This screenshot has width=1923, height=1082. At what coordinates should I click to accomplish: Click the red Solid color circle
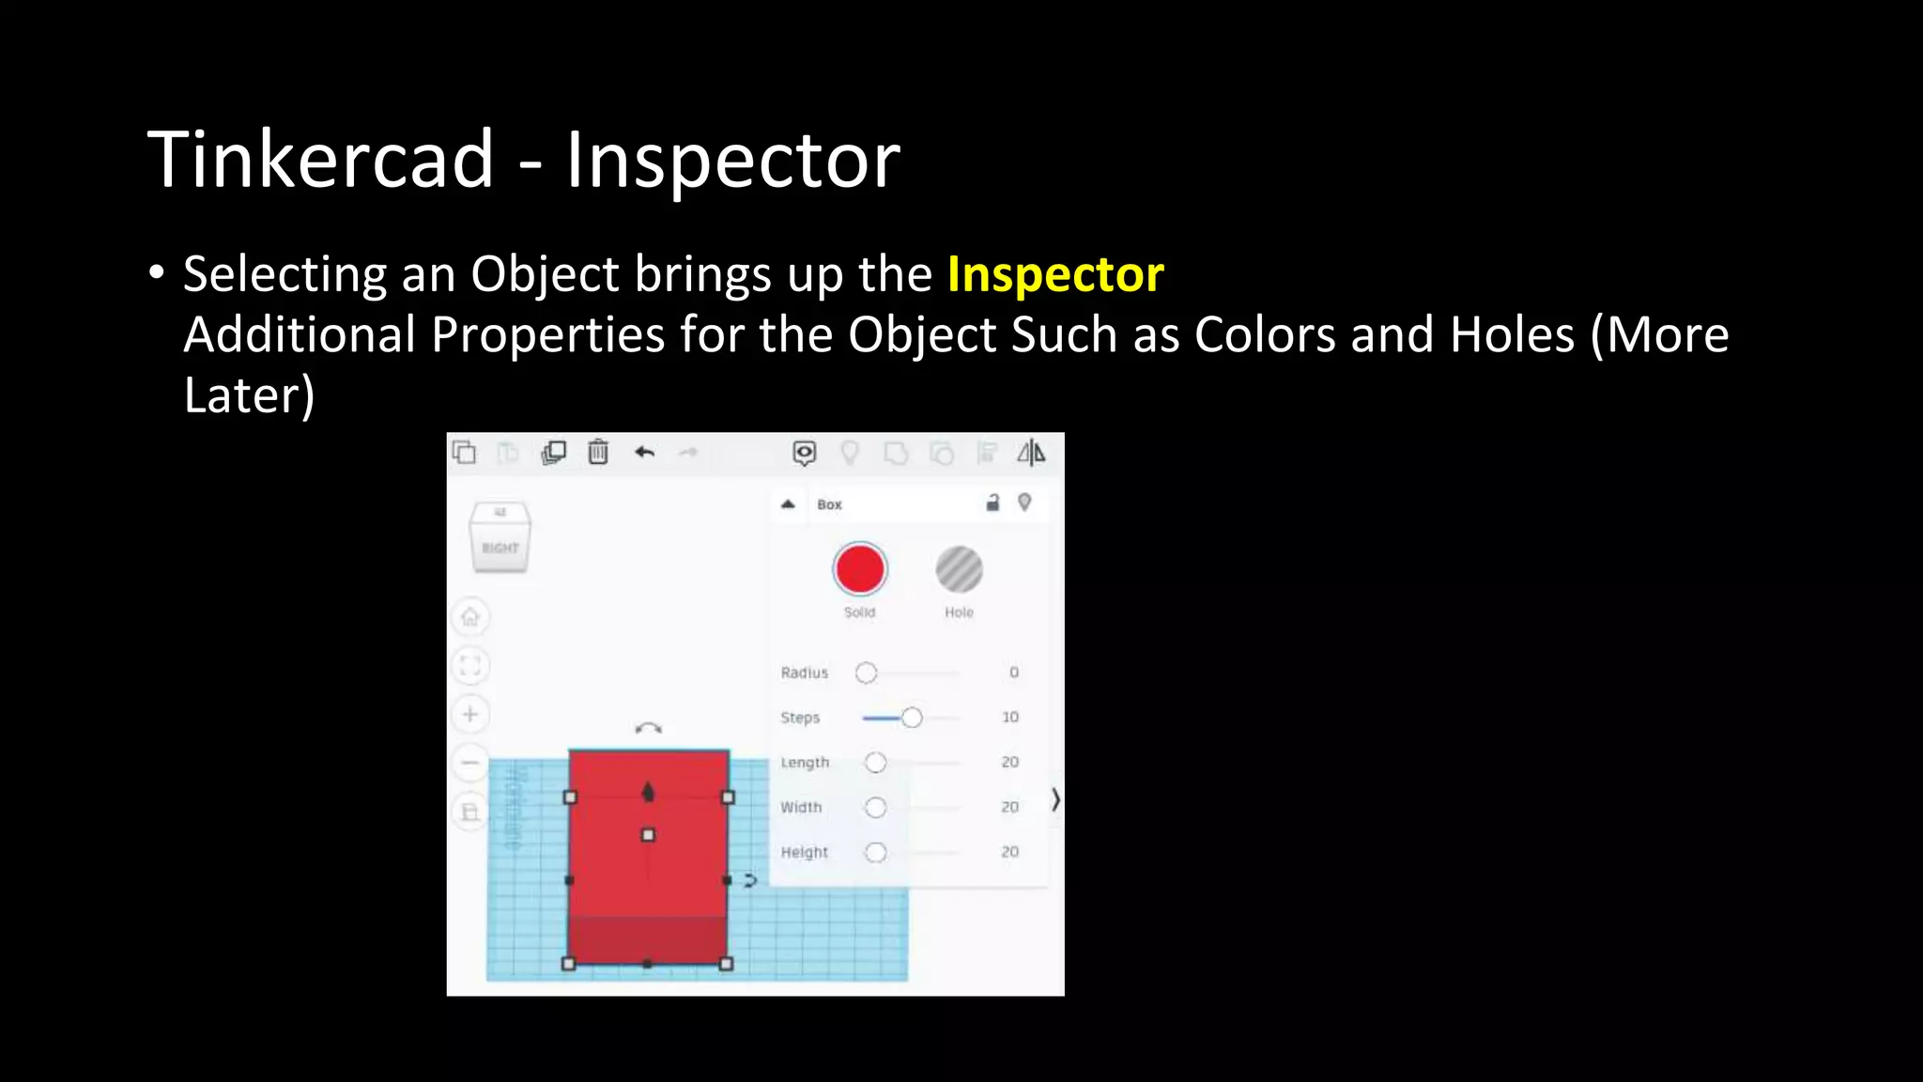point(859,569)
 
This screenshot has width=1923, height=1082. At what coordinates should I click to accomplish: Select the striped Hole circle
point(959,569)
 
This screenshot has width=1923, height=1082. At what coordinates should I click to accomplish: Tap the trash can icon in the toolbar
point(598,453)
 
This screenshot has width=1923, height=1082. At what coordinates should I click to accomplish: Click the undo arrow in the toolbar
point(644,453)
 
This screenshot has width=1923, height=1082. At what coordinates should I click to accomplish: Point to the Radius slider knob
point(866,672)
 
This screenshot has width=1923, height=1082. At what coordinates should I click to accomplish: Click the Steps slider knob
point(912,718)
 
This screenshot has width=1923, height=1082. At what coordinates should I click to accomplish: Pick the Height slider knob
point(875,852)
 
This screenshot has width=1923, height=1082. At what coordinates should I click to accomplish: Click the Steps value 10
point(1009,718)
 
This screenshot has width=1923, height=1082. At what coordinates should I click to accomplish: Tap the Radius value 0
point(1013,672)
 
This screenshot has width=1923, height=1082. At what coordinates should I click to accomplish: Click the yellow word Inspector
point(1055,274)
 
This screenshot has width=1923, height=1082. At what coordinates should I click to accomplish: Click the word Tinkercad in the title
point(320,160)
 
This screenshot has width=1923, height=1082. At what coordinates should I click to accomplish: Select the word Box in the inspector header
point(829,504)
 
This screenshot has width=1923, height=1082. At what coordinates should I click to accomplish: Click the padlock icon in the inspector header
point(992,503)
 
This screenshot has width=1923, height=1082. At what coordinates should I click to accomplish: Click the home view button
point(470,617)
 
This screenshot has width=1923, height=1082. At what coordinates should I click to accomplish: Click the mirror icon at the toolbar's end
point(1031,453)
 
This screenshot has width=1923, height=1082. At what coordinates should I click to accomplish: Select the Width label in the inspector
point(801,808)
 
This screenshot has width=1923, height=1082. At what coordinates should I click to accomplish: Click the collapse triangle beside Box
point(788,504)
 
